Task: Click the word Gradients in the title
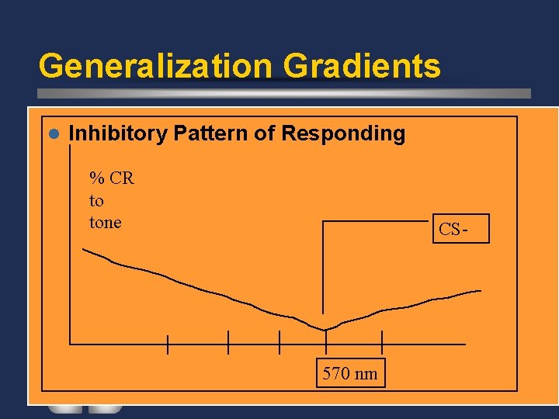pos(362,66)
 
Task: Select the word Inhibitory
pos(118,133)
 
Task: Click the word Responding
pos(343,133)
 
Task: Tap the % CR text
pos(112,178)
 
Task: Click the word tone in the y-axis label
pos(106,223)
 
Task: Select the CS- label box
pos(460,229)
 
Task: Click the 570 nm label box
pos(350,374)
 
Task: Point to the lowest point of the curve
pos(325,330)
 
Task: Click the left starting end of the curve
pos(84,249)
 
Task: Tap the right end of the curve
pos(480,291)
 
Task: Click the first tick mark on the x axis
pos(168,343)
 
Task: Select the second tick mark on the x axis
pos(228,342)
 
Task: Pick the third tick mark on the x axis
pos(279,342)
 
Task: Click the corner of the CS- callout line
pos(323,222)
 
